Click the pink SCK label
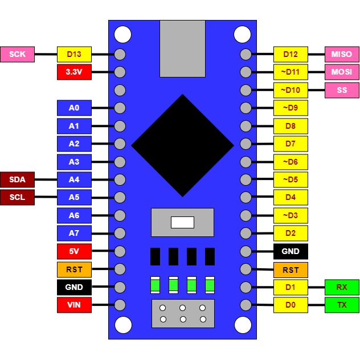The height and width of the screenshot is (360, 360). click(18, 54)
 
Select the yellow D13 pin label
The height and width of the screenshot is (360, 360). click(74, 54)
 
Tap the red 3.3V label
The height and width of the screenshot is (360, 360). click(74, 72)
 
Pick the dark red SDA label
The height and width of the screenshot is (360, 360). click(18, 179)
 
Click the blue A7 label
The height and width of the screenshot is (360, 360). click(74, 233)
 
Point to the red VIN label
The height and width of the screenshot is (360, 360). click(74, 305)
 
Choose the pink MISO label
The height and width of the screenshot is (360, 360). click(342, 54)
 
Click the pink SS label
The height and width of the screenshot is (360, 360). click(342, 90)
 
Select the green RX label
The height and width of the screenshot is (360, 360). click(342, 287)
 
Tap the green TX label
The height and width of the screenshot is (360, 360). click(342, 305)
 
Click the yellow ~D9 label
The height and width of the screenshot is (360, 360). click(291, 108)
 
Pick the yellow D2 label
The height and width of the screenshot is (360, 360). click(291, 233)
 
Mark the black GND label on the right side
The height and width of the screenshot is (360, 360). click(291, 251)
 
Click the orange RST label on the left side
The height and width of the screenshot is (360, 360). click(74, 269)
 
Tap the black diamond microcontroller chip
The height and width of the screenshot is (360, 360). click(182, 145)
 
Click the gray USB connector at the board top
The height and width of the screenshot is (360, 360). click(182, 48)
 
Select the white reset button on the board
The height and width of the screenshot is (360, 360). click(182, 222)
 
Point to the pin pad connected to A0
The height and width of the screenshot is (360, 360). click(120, 108)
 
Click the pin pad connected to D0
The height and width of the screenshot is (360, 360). click(246, 305)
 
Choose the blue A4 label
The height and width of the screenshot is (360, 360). click(74, 179)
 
